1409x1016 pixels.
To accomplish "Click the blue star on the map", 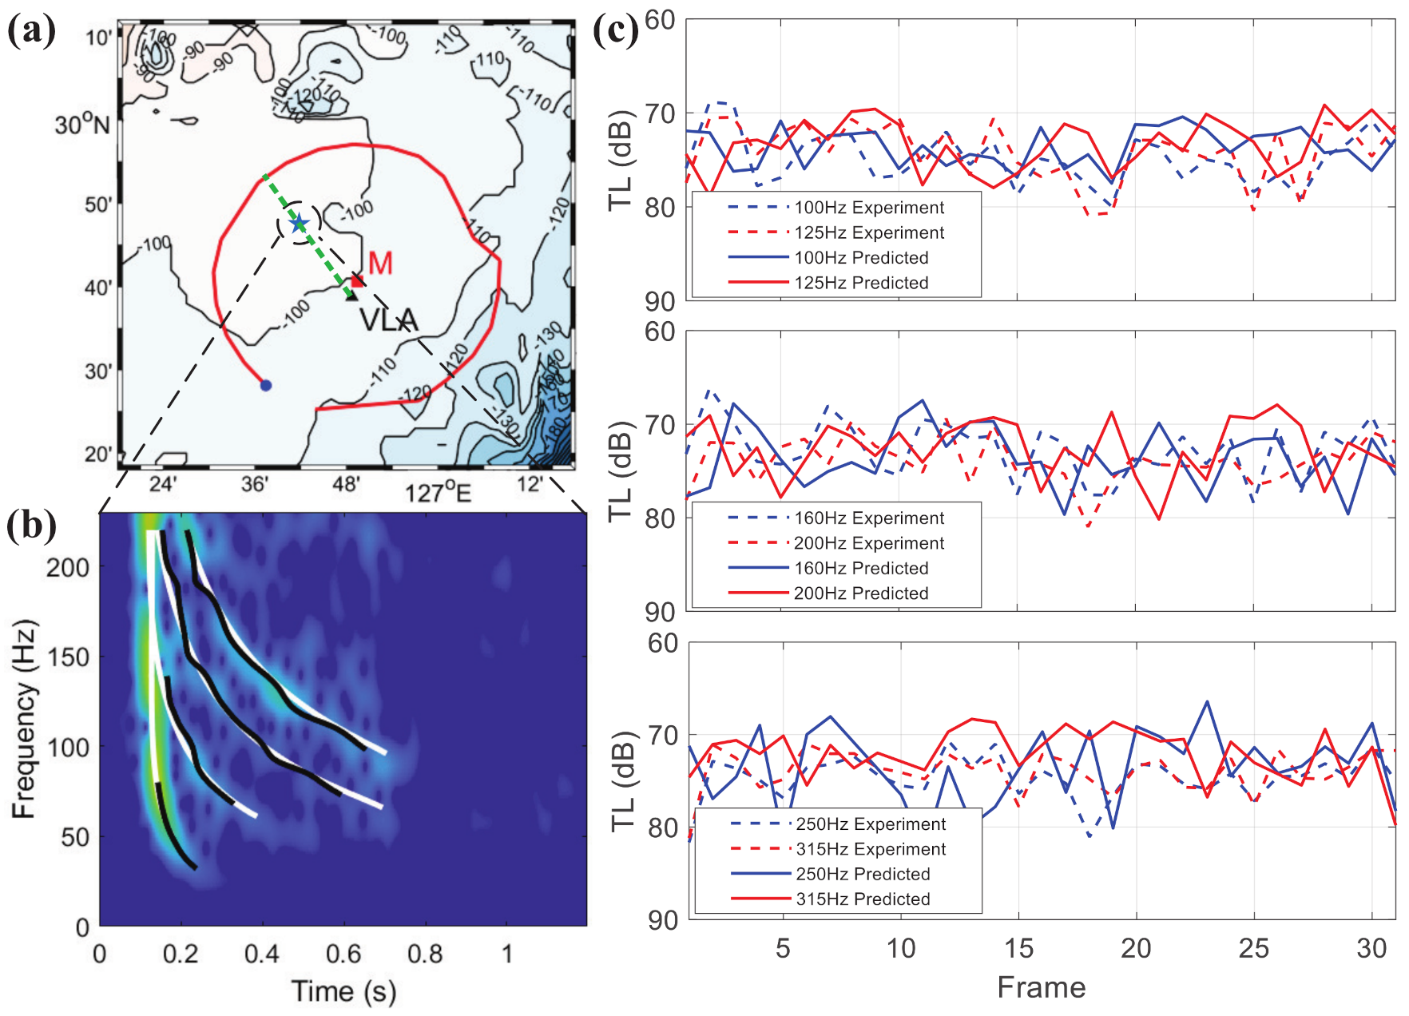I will tap(299, 223).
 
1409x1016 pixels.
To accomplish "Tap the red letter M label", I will tap(381, 263).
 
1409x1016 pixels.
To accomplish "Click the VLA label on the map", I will tap(388, 320).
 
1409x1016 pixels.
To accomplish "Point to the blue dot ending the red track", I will tap(266, 385).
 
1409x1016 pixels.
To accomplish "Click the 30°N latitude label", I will tap(81, 125).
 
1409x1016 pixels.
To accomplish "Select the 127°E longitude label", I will tap(438, 491).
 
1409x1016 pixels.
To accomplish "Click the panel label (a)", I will tap(31, 32).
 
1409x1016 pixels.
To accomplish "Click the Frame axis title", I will tap(1041, 987).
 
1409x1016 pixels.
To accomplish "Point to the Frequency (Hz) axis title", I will tap(24, 718).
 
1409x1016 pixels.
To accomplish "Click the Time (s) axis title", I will tap(343, 991).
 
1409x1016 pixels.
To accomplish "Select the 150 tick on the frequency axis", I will tap(68, 657).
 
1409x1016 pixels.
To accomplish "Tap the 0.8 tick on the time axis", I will tap(425, 953).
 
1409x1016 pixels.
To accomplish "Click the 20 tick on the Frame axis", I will tap(1135, 948).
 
